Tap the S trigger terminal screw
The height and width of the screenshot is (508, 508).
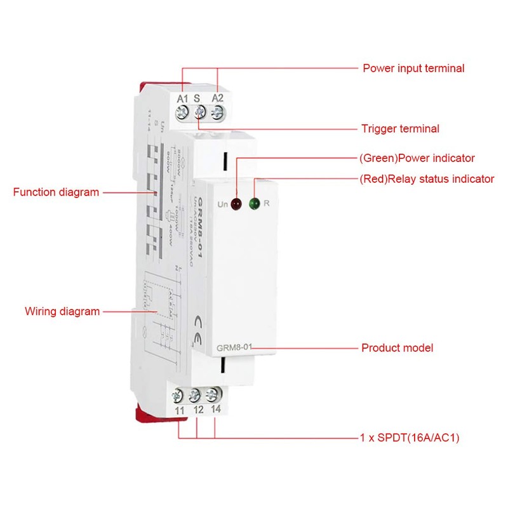200,113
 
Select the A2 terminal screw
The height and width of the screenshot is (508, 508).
217,113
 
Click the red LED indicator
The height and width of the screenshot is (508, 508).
236,204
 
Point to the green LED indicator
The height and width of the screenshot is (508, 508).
255,204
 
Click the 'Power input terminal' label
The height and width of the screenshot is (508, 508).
413,68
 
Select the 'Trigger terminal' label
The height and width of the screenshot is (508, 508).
399,129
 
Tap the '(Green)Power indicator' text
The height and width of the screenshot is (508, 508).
417,158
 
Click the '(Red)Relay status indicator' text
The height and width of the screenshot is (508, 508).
426,179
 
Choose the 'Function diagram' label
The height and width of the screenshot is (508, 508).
56,192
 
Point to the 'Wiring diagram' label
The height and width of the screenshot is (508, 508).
62,311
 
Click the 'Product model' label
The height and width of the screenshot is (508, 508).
397,348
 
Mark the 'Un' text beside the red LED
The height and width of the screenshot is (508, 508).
222,204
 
